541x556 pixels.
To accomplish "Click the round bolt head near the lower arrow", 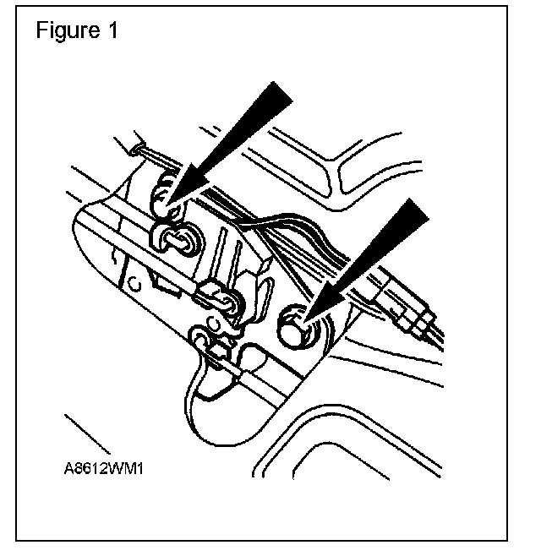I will pos(294,324).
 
